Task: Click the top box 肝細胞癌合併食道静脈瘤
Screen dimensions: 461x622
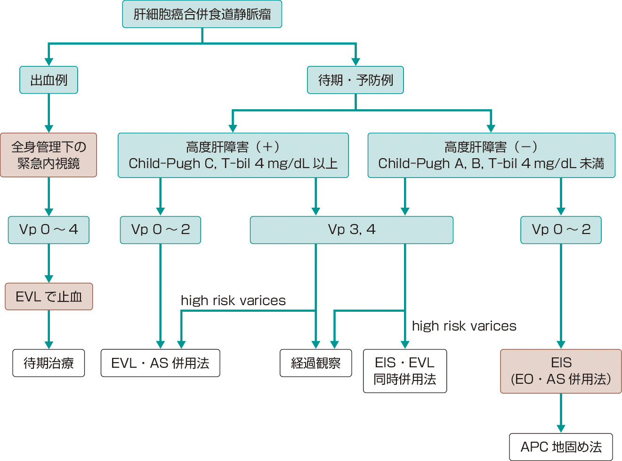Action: pyautogui.click(x=202, y=14)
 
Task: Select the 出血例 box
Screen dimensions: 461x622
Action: pyautogui.click(x=48, y=80)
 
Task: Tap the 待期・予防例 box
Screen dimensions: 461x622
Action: pyautogui.click(x=355, y=80)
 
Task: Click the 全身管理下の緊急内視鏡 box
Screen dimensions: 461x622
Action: pyautogui.click(x=48, y=155)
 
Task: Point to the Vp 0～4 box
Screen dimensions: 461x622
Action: pyautogui.click(x=48, y=230)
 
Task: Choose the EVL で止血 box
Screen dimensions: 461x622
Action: pyautogui.click(x=48, y=297)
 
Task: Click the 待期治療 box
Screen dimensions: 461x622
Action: pyautogui.click(x=48, y=363)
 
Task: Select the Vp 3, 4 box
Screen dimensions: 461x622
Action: pyautogui.click(x=351, y=230)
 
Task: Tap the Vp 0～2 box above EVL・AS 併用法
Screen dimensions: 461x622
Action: pyautogui.click(x=160, y=230)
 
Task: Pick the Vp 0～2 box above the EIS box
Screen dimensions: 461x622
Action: pyautogui.click(x=561, y=230)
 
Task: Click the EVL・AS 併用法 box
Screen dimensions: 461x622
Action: pyautogui.click(x=160, y=363)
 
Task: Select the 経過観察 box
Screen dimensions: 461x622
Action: pyautogui.click(x=315, y=363)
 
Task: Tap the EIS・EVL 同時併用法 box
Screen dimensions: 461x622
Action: pyautogui.click(x=405, y=371)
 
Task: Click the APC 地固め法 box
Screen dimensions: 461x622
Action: pyautogui.click(x=561, y=447)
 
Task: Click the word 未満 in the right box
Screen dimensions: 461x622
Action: pyautogui.click(x=591, y=163)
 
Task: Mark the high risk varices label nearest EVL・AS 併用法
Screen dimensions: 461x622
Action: pyautogui.click(x=233, y=300)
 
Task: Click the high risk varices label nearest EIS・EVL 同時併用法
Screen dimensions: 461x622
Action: pyautogui.click(x=464, y=326)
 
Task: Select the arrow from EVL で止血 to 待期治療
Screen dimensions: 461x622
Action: pyautogui.click(x=48, y=330)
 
